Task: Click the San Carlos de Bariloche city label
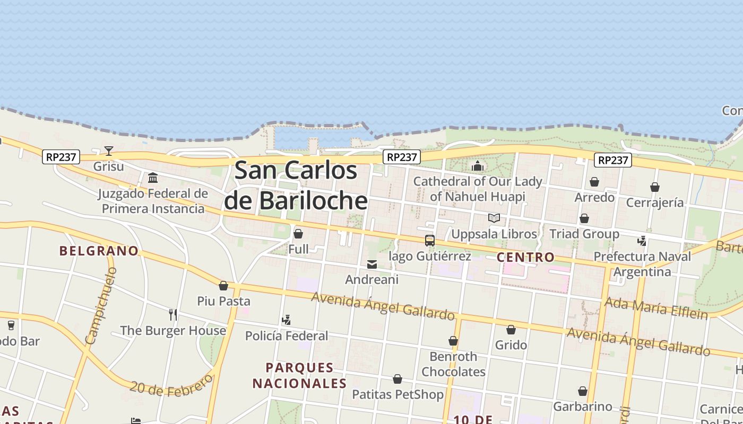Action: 296,185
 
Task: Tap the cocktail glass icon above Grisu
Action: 109,151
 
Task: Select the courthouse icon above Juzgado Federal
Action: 153,178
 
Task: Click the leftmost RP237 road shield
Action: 61,157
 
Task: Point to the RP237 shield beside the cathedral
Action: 402,157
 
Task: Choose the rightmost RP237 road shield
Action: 613,160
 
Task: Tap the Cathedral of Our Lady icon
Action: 478,166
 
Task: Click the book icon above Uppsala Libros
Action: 494,218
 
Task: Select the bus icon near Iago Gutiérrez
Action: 430,241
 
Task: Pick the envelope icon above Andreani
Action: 372,264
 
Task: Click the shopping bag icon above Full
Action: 298,234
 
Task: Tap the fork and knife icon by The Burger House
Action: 172,315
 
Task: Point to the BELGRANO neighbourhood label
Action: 99,251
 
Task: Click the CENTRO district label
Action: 525,258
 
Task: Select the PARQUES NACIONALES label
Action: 299,375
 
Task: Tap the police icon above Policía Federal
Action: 287,320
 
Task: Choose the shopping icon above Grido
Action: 511,330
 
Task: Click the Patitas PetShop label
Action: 398,394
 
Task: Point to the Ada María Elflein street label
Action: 656,308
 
